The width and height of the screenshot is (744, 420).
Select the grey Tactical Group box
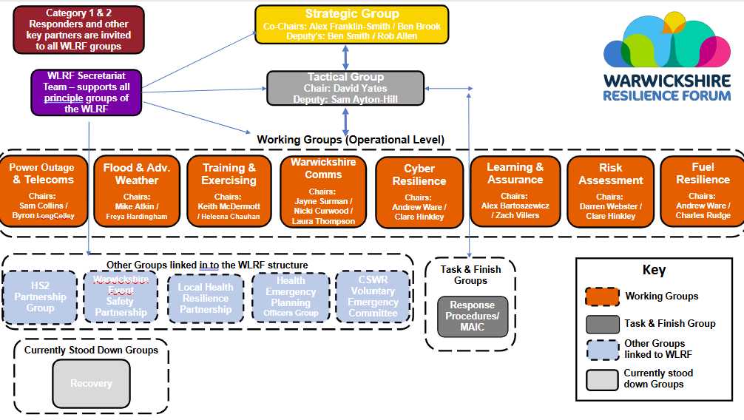coord(345,87)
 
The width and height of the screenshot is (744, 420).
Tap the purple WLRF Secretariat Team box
coord(87,92)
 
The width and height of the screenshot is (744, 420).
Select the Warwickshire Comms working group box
coord(323,191)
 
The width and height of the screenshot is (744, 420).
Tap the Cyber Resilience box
coord(419,191)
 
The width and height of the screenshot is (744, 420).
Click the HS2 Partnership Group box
coord(40,297)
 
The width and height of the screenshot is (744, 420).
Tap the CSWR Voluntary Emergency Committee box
coord(373,297)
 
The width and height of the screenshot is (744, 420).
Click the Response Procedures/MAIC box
coord(472,316)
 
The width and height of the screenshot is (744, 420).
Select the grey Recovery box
coord(91,383)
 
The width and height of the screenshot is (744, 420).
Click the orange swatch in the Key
coord(602,297)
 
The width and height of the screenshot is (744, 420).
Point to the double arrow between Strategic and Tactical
coord(345,56)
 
